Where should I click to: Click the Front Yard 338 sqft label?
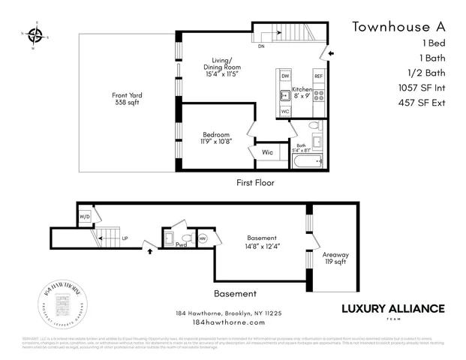pyautogui.click(x=127, y=99)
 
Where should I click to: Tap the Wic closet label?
pyautogui.click(x=267, y=153)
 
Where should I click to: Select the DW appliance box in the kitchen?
pyautogui.click(x=285, y=76)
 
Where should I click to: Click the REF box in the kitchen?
pyautogui.click(x=318, y=76)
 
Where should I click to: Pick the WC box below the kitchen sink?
pyautogui.click(x=285, y=111)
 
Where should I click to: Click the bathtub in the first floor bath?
pyautogui.click(x=308, y=161)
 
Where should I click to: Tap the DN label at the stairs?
pyautogui.click(x=261, y=46)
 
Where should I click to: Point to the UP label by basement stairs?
pyautogui.click(x=125, y=238)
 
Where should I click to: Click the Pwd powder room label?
pyautogui.click(x=181, y=244)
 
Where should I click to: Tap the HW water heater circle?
pyautogui.click(x=203, y=238)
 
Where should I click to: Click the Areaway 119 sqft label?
pyautogui.click(x=335, y=259)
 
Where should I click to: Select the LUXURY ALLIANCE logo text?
pyautogui.click(x=393, y=308)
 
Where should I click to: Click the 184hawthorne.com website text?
pyautogui.click(x=229, y=322)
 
